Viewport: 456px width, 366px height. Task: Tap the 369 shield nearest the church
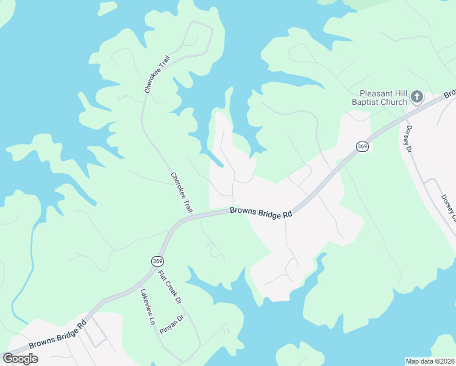pyautogui.click(x=362, y=146)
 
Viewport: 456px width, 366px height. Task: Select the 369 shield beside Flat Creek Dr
pyautogui.click(x=157, y=261)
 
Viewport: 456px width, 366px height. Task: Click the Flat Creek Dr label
pyautogui.click(x=170, y=287)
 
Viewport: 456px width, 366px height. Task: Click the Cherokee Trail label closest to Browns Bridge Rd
pyautogui.click(x=181, y=192)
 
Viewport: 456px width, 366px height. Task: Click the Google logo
pyautogui.click(x=21, y=359)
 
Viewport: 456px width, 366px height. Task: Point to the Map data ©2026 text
pyautogui.click(x=430, y=361)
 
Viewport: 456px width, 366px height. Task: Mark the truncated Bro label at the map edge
pyautogui.click(x=450, y=94)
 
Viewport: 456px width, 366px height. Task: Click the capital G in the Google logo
pyautogui.click(x=9, y=359)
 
